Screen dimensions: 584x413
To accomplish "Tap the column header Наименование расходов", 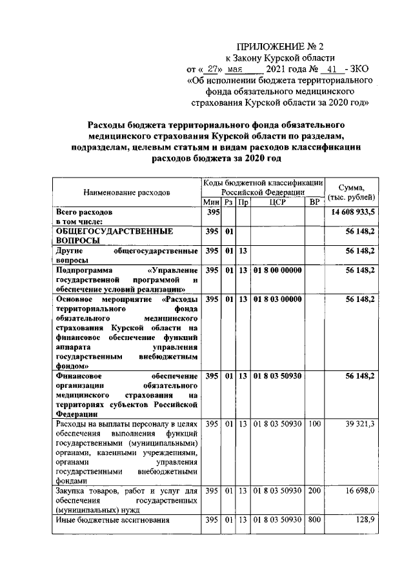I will (126, 192).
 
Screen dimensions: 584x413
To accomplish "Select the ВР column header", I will (314, 203).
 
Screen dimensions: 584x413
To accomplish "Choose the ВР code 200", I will (314, 492).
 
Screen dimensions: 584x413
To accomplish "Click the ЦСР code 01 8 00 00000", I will (277, 270).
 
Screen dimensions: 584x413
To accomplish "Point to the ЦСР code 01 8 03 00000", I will (277, 300).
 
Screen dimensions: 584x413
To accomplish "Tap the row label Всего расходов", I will (84, 212).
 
